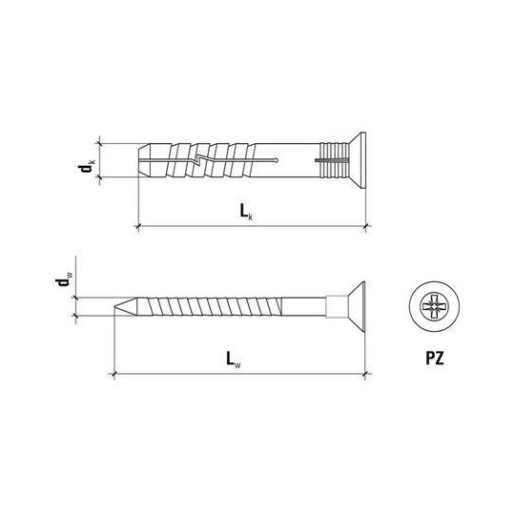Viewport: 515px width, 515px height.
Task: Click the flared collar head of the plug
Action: click(359, 160)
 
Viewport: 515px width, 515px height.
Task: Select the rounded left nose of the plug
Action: click(144, 160)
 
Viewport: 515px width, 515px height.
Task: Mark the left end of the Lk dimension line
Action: click(140, 226)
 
